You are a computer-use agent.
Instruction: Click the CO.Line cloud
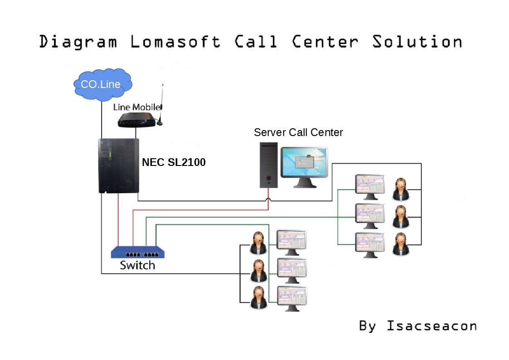102,84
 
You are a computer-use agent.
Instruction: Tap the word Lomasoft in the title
175,42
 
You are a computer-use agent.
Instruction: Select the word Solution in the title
417,42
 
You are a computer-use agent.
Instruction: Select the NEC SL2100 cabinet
119,166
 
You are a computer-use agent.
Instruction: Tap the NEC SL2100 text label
174,162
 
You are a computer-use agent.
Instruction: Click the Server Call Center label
298,132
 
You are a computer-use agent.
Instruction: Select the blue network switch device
138,252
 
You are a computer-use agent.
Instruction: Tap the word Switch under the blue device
137,265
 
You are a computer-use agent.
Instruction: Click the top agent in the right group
400,189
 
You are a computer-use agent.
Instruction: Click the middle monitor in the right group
370,216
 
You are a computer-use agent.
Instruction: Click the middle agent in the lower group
258,271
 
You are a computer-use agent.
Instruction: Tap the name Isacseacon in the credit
431,326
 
